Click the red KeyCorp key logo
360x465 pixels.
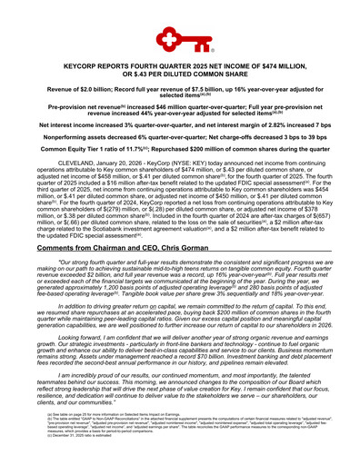tap(180, 40)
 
